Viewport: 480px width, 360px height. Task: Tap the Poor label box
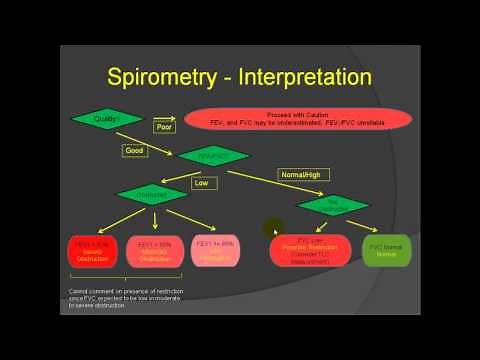165,127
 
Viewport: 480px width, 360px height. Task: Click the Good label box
135,151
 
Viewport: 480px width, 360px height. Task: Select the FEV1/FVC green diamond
213,156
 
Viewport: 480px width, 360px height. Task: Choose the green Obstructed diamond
152,194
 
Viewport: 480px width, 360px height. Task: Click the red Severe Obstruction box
92,250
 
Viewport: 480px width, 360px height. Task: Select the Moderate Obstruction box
155,250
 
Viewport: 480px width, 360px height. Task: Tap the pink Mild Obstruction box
215,250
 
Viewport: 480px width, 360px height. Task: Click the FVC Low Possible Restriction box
311,250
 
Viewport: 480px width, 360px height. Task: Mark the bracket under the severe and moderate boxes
123,277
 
